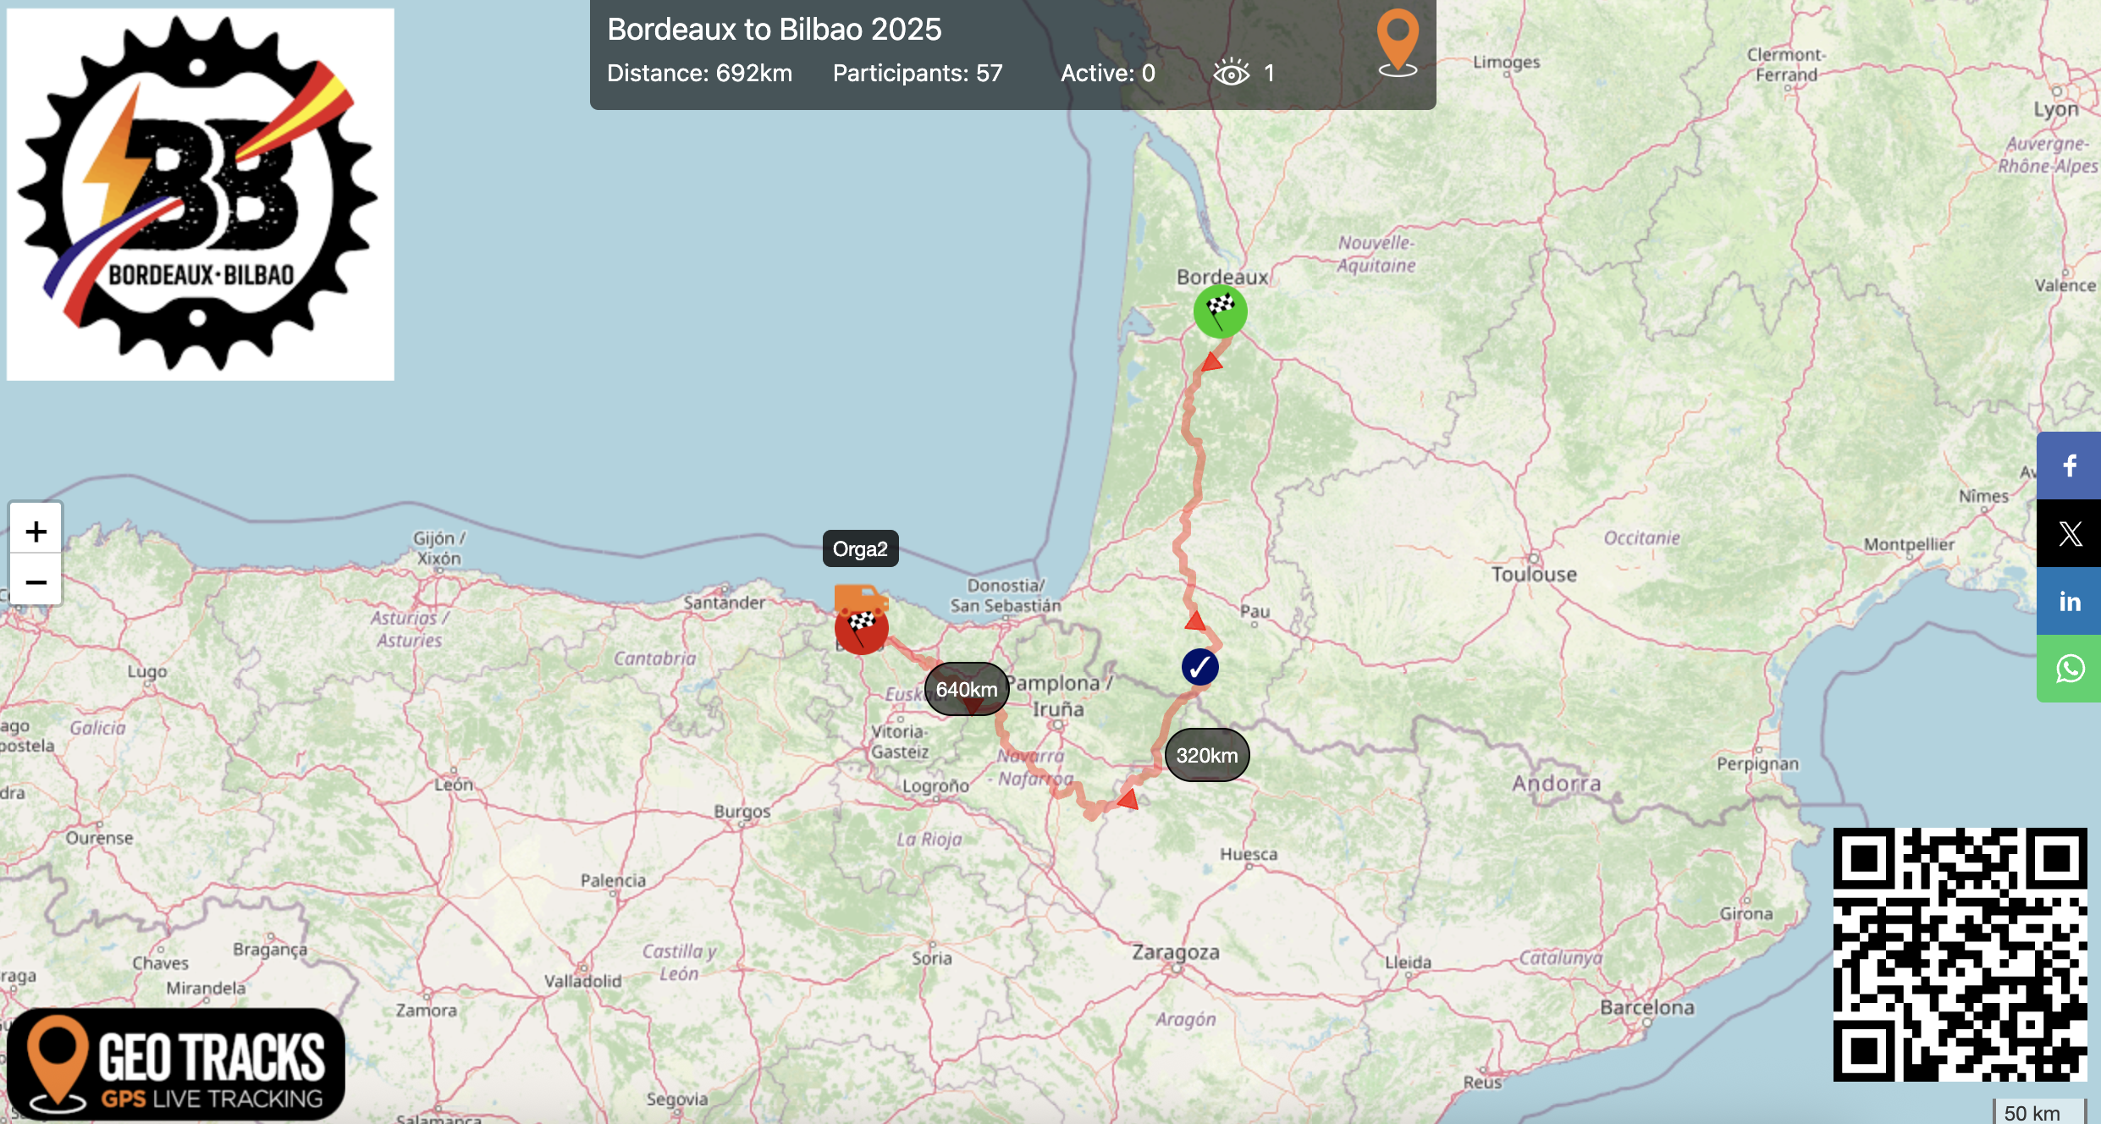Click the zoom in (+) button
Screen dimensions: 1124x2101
click(36, 532)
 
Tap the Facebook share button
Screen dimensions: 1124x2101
click(2069, 466)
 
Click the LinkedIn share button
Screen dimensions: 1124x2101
click(2069, 602)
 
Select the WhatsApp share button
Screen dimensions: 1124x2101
click(2069, 669)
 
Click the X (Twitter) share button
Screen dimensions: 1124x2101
click(2069, 534)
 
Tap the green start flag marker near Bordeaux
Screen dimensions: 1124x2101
click(1220, 311)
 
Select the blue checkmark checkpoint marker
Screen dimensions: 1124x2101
click(1199, 667)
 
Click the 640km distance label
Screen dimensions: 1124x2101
click(967, 689)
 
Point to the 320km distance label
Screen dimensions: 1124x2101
click(1206, 755)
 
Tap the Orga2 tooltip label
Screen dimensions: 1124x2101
click(860, 549)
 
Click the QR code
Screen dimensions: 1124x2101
click(1959, 954)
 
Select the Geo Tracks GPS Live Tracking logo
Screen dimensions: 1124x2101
click(176, 1064)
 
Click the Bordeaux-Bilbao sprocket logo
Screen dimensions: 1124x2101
click(201, 194)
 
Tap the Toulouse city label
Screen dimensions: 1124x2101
click(1534, 575)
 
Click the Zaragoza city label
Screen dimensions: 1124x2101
click(1176, 952)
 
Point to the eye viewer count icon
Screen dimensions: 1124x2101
click(1231, 73)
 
